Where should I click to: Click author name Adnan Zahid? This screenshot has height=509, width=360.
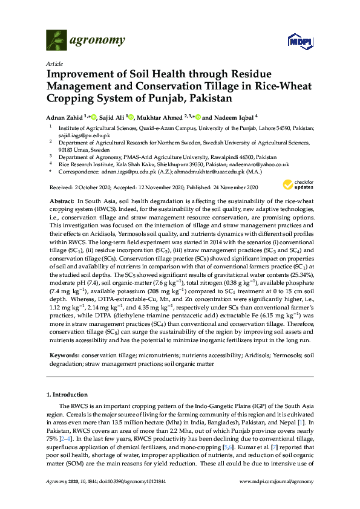[x=68, y=117]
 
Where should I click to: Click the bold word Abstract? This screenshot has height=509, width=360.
[x=61, y=199]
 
